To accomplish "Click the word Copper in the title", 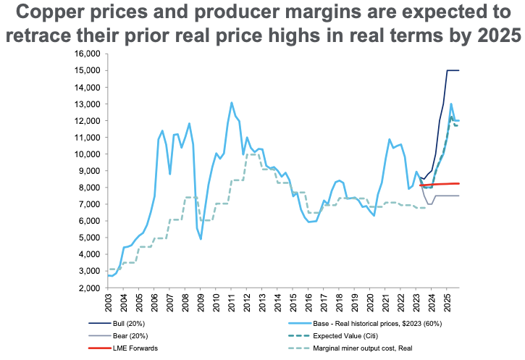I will [59, 13].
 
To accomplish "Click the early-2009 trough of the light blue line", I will [201, 238].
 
